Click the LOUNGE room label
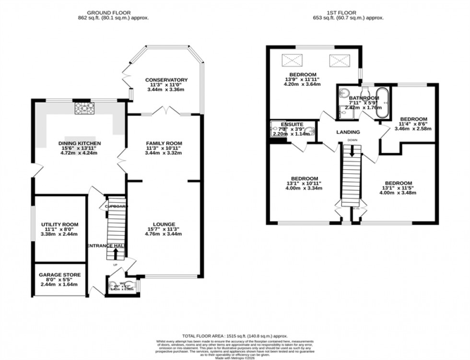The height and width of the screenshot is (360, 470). coord(164,224)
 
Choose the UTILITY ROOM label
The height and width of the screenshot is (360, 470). coord(59,224)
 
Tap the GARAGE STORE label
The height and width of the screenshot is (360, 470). coord(60,275)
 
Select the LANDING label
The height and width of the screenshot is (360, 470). coord(348,132)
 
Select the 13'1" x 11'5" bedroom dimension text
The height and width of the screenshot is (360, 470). coord(397,188)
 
